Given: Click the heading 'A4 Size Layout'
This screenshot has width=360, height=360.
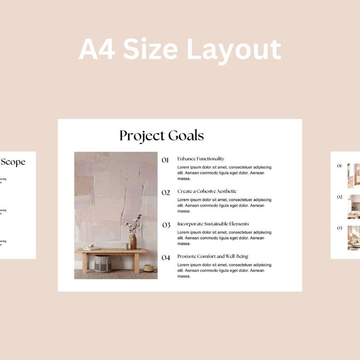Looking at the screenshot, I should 180,49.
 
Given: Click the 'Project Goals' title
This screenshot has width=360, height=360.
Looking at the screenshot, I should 161,136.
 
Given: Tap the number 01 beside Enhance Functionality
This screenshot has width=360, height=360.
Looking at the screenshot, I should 165,160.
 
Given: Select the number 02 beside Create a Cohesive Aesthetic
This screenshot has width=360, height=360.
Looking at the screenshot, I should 165,193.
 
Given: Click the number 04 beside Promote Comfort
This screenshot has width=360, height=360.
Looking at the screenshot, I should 166,258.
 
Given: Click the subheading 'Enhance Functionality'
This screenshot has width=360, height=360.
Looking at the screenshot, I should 200,159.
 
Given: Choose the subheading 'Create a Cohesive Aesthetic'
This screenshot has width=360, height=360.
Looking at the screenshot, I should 207,191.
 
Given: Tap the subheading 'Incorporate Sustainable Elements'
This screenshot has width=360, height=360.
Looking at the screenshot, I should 213,224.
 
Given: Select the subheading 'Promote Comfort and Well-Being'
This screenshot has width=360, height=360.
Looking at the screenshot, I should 213,257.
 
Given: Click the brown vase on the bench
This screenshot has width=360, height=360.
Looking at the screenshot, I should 133,242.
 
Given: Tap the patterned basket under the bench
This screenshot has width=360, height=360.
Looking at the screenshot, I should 102,264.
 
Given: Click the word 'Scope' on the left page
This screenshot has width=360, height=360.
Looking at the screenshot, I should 13,162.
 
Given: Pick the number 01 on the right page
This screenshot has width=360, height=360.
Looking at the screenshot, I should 339,166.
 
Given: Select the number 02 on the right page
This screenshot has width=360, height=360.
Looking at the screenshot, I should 339,197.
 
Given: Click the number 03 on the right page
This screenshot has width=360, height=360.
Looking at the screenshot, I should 339,228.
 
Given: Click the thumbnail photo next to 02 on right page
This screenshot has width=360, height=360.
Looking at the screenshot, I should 354,207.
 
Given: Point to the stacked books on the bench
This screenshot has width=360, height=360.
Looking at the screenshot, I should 92,248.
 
